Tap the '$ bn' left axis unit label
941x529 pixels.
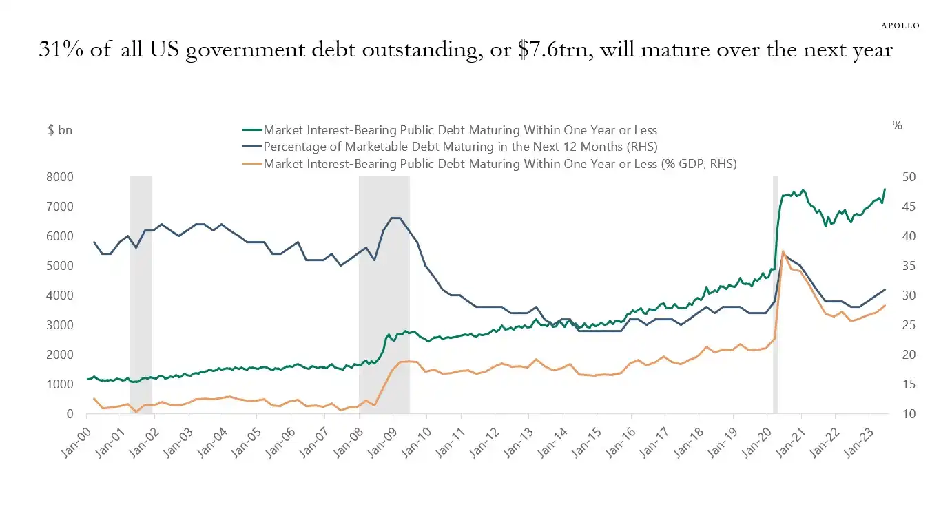point(60,129)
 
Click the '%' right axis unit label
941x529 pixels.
point(897,125)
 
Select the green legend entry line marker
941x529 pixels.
point(252,129)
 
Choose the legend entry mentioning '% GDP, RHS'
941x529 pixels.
point(500,163)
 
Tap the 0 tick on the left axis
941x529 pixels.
point(70,414)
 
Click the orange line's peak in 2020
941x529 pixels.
point(783,251)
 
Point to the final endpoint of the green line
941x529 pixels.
point(885,189)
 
